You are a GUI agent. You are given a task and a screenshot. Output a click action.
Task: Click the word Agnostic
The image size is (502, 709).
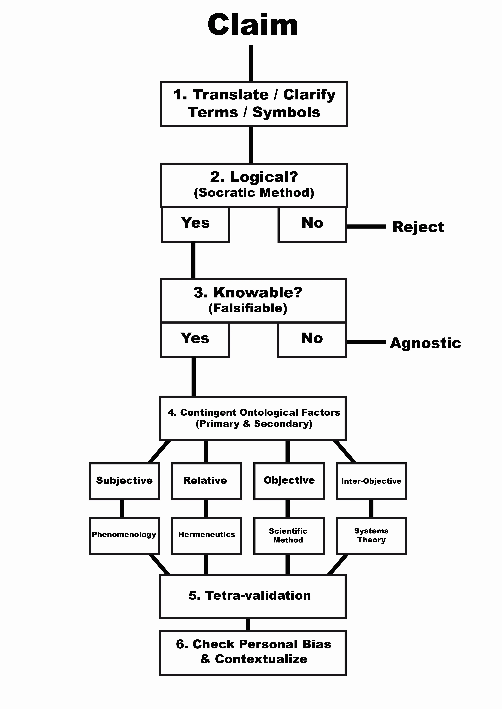[425, 343]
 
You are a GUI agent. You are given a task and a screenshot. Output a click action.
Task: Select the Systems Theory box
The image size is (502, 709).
[371, 535]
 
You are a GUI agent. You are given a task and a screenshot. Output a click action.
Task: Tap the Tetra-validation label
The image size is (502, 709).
[250, 595]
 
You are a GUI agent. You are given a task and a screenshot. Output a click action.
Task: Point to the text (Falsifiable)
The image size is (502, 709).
[248, 308]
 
